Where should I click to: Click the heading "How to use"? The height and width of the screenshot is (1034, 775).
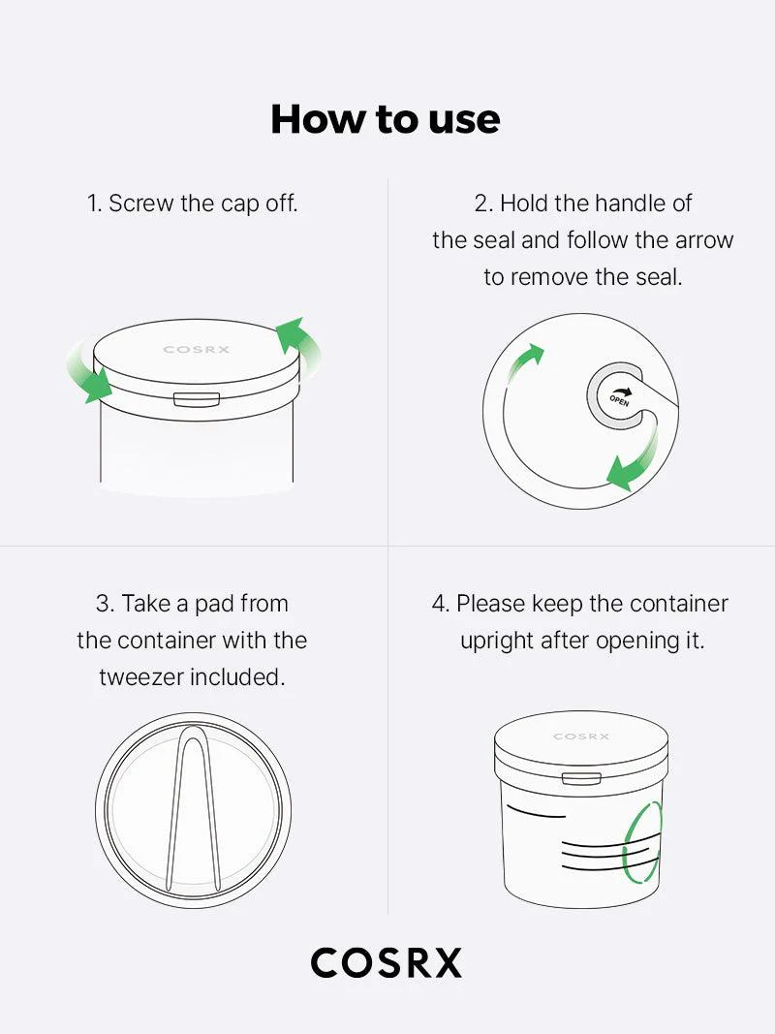point(386,119)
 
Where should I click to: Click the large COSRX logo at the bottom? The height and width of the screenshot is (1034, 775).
point(386,963)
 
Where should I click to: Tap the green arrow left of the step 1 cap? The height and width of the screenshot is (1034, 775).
point(87,373)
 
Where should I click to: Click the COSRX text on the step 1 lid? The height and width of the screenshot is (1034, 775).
point(197,350)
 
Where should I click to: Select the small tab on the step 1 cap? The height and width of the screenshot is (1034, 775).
point(196,399)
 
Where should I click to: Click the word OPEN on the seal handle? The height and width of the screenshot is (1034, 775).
point(619,396)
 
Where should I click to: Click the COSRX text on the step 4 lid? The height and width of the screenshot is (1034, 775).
point(581,736)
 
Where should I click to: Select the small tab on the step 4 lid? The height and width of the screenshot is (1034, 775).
point(581,778)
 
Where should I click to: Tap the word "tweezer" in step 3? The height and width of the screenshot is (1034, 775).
point(140,677)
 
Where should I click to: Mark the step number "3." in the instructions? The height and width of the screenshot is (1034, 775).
point(105,604)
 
